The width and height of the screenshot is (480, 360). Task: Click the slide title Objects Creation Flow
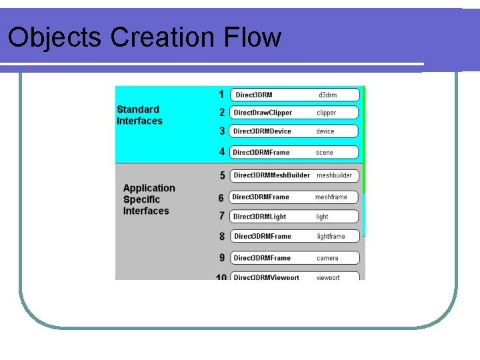(144, 37)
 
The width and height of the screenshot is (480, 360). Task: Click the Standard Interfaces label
(139, 115)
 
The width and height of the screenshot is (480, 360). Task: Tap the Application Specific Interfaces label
(149, 199)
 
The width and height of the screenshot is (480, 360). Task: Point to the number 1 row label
(221, 94)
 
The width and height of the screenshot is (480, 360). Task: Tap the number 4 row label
(222, 152)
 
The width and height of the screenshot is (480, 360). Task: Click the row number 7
(221, 216)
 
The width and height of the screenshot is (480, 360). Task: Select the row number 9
(222, 258)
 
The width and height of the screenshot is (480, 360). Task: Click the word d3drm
(327, 95)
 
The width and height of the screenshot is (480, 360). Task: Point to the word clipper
(327, 113)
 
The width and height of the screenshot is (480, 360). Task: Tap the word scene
(325, 153)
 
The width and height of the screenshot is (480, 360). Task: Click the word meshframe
(331, 197)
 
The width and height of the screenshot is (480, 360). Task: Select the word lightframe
(331, 236)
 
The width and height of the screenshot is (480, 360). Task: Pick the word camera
(327, 258)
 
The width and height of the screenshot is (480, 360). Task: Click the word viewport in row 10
(328, 277)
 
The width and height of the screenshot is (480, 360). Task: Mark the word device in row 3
(325, 131)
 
